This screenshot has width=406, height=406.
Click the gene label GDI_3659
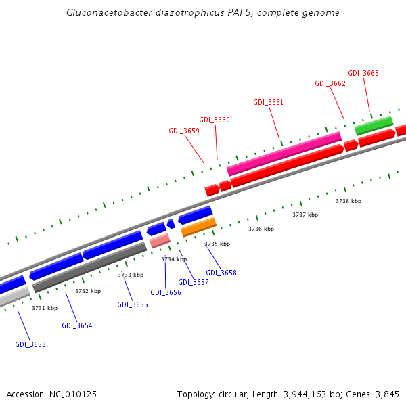[x=183, y=131]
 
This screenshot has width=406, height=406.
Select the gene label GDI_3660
[x=215, y=120]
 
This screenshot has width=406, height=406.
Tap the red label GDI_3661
[x=269, y=102]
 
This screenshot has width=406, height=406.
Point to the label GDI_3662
[x=330, y=83]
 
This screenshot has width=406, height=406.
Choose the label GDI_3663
[x=363, y=73]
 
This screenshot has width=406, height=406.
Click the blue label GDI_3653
[x=30, y=344]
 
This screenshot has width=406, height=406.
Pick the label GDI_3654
[x=77, y=325]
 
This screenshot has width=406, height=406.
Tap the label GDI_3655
[x=133, y=304]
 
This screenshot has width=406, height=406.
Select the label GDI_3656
[x=166, y=292]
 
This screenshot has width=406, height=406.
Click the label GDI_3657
[x=194, y=282]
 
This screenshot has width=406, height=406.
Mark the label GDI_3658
[x=221, y=273]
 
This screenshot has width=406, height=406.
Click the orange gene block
[x=198, y=227]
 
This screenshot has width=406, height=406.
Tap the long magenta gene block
[x=284, y=153]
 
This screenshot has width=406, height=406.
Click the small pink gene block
[x=160, y=240]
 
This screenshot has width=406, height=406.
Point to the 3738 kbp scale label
[x=348, y=201]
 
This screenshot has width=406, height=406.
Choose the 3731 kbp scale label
[x=45, y=308]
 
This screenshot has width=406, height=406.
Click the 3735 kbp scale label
[x=217, y=244]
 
